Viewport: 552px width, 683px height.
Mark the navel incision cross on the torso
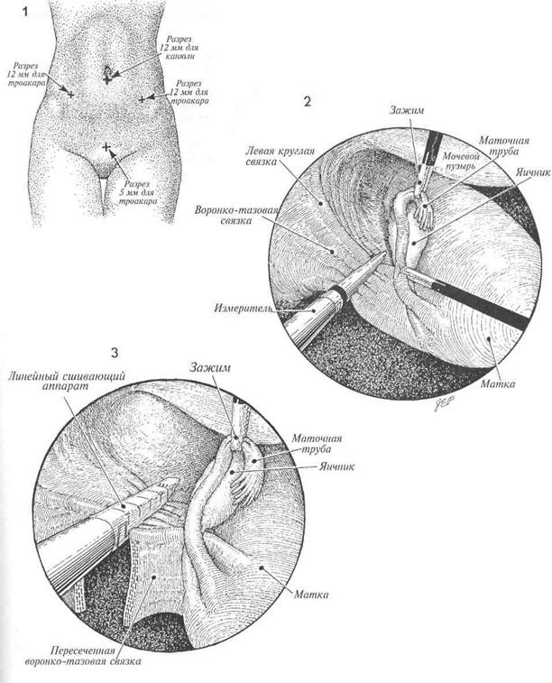(107, 78)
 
